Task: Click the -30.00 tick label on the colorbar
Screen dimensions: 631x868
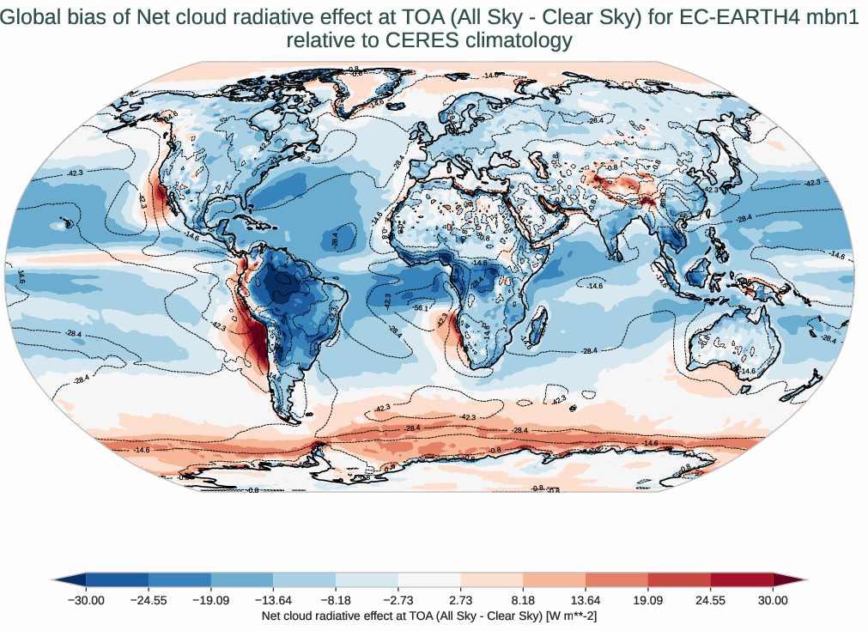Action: point(86,601)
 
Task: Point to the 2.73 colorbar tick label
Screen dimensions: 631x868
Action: point(460,601)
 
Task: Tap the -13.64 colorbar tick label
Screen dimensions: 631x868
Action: point(273,601)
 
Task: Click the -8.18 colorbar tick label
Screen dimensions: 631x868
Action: point(336,601)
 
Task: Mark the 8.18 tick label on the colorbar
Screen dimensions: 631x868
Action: point(523,601)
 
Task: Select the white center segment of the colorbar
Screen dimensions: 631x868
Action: point(429,579)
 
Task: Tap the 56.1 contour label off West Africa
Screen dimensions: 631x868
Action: point(421,308)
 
